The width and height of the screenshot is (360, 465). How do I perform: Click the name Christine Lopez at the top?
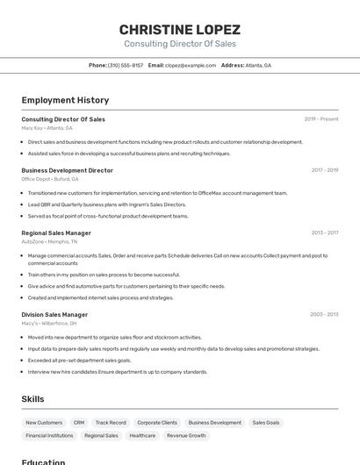pyautogui.click(x=180, y=29)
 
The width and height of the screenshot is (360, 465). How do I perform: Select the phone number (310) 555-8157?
pyautogui.click(x=126, y=65)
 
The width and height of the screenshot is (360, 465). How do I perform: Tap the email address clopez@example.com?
pyautogui.click(x=191, y=65)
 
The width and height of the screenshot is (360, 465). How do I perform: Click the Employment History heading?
pyautogui.click(x=65, y=100)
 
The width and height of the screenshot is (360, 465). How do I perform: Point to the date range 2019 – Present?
pyautogui.click(x=321, y=118)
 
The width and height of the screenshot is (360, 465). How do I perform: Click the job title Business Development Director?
pyautogui.click(x=68, y=170)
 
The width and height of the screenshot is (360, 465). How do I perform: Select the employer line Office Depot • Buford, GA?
pyautogui.click(x=50, y=179)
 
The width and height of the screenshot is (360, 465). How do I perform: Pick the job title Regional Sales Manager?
pyautogui.click(x=56, y=232)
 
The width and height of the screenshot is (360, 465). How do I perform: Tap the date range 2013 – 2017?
pyautogui.click(x=325, y=232)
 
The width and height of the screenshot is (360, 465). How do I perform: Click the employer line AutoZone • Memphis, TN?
pyautogui.click(x=49, y=241)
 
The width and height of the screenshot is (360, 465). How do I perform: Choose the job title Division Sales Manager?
pyautogui.click(x=54, y=314)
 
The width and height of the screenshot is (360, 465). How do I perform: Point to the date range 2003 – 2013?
pyautogui.click(x=324, y=314)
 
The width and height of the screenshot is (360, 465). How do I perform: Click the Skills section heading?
pyautogui.click(x=32, y=399)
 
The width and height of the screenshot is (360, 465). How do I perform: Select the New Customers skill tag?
pyautogui.click(x=44, y=422)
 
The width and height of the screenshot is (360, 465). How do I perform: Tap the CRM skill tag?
pyautogui.click(x=79, y=422)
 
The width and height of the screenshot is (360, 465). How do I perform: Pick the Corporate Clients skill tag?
pyautogui.click(x=157, y=422)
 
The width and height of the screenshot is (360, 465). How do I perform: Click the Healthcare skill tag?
pyautogui.click(x=142, y=435)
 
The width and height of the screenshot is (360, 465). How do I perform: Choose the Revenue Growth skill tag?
pyautogui.click(x=186, y=435)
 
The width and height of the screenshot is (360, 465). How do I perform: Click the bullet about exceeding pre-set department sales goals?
pyautogui.click(x=79, y=360)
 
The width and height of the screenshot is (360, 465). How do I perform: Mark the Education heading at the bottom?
pyautogui.click(x=43, y=461)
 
